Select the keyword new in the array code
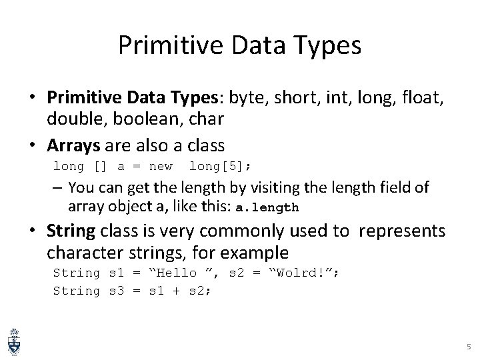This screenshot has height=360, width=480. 161,166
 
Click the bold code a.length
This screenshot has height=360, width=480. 267,207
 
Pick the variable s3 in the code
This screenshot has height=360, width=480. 115,291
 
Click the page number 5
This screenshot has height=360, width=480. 468,347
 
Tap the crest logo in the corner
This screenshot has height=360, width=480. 13,341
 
